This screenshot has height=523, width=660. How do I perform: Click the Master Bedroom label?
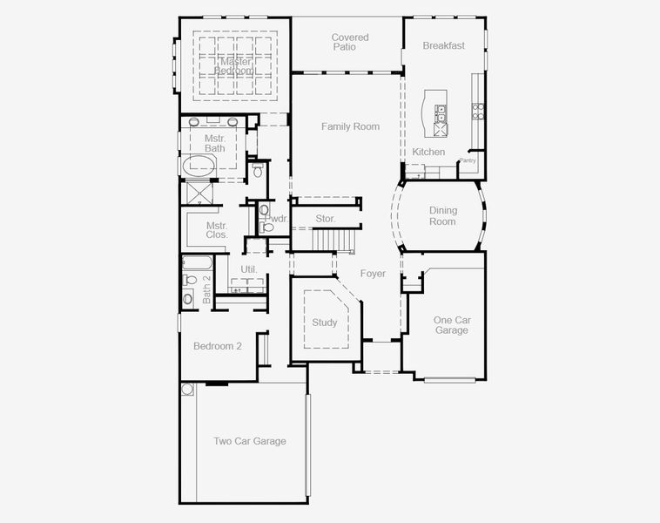point(236,66)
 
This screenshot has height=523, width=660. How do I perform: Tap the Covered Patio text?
point(350,42)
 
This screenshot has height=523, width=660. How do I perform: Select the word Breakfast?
point(443,45)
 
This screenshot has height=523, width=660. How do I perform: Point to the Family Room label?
point(350,126)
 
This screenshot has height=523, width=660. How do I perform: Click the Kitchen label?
point(428,152)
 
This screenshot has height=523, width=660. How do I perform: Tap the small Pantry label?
point(468,160)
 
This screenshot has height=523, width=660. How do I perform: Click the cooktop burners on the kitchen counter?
point(477,111)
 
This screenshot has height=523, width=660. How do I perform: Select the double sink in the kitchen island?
point(441,113)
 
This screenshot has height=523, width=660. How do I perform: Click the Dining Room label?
point(442,215)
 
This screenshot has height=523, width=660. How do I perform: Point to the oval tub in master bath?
point(199,166)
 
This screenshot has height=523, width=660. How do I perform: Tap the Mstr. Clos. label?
point(217,230)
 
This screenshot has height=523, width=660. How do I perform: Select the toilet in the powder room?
point(267,228)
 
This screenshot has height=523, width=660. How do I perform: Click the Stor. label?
point(326,218)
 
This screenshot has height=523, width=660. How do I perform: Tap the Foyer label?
point(373,274)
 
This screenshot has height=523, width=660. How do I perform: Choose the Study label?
point(324,323)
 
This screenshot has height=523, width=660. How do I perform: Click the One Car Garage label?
point(451,325)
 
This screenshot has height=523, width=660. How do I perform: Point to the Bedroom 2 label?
point(217,346)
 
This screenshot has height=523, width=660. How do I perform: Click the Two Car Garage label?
point(250,441)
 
